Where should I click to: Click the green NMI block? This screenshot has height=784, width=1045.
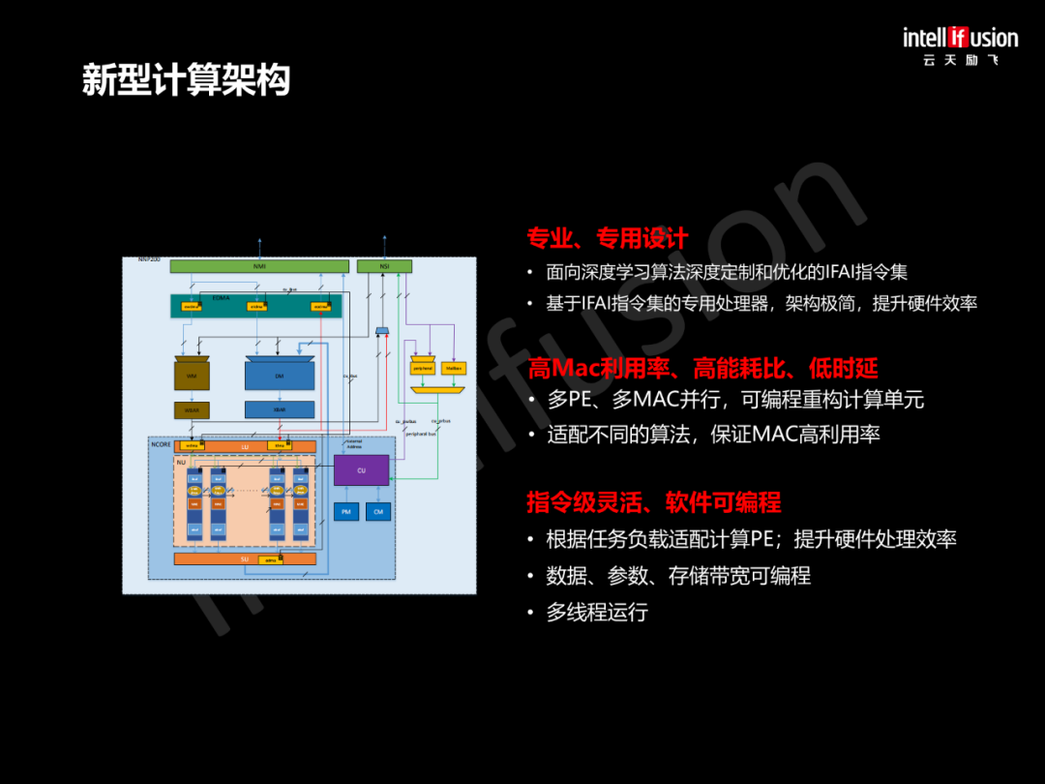point(258,266)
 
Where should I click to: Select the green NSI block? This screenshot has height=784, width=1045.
point(384,266)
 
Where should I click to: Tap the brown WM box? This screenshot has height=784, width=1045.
point(192,376)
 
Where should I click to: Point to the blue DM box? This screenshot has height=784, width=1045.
point(280,376)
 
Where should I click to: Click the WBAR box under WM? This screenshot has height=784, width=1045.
point(192,410)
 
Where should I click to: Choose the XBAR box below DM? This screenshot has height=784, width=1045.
point(280,410)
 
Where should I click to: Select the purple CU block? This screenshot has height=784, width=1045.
point(361,470)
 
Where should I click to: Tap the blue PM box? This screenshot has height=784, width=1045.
point(345,511)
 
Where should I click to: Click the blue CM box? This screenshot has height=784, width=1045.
point(378,511)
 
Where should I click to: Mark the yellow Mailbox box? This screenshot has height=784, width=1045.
point(453,368)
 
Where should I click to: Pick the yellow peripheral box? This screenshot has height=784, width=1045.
point(423,368)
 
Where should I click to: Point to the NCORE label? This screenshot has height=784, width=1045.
point(161,442)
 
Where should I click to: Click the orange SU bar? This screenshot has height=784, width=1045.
point(244,558)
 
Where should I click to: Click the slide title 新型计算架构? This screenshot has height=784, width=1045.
point(186,80)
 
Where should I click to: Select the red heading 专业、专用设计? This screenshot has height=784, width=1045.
point(607,237)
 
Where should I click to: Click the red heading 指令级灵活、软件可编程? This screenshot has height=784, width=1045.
point(653,502)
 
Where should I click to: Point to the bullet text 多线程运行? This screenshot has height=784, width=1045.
point(597,612)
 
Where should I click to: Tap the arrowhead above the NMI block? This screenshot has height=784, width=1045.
point(259,238)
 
